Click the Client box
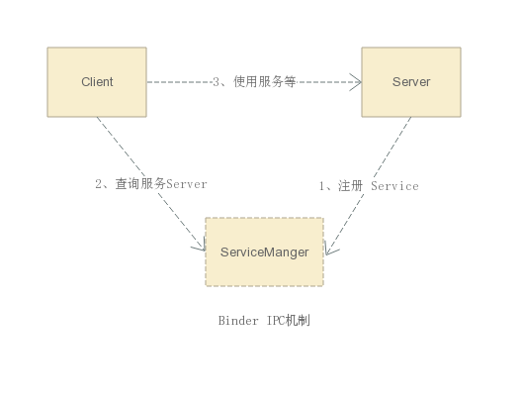pyautogui.click(x=97, y=82)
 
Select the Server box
pyautogui.click(x=411, y=82)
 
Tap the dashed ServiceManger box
pyautogui.click(x=264, y=252)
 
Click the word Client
pyautogui.click(x=97, y=82)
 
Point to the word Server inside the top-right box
pyautogui.click(x=411, y=82)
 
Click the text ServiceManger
pyautogui.click(x=264, y=252)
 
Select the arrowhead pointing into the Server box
pyautogui.click(x=356, y=82)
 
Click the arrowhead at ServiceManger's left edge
pyautogui.click(x=199, y=245)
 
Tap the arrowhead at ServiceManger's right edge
pyautogui.click(x=331, y=248)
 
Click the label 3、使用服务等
pyautogui.click(x=254, y=81)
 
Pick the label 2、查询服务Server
pyautogui.click(x=151, y=183)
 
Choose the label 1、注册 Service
pyautogui.click(x=369, y=186)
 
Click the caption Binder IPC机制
pyautogui.click(x=264, y=321)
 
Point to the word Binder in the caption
pyautogui.click(x=238, y=321)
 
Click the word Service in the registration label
pyautogui.click(x=394, y=186)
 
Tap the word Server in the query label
pyautogui.click(x=187, y=184)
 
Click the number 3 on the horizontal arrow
pyautogui.click(x=217, y=82)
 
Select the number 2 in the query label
pyautogui.click(x=99, y=184)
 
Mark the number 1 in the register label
pyautogui.click(x=322, y=186)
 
